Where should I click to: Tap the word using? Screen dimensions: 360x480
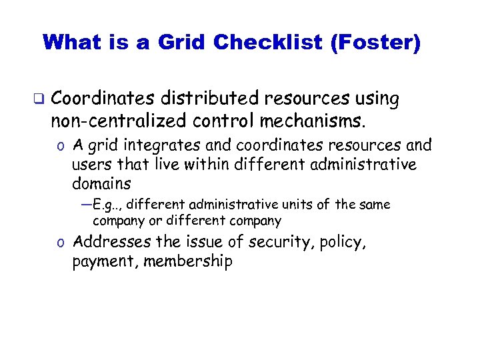pyautogui.click(x=377, y=99)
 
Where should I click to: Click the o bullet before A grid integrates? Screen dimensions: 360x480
pyautogui.click(x=61, y=146)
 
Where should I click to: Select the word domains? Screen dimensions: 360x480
pyautogui.click(x=101, y=183)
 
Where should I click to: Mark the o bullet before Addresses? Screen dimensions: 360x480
pyautogui.click(x=61, y=243)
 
